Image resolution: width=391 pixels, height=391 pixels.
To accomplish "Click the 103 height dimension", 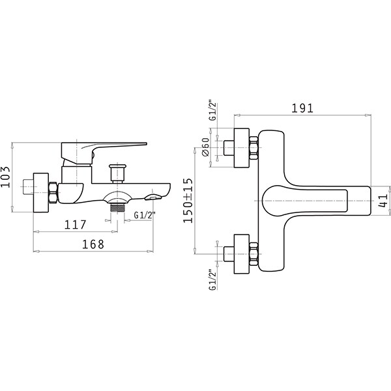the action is coord(5,177).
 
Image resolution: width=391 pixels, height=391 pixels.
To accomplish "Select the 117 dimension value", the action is coord(76,225).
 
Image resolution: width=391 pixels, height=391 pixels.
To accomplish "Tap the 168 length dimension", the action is coord(93,244).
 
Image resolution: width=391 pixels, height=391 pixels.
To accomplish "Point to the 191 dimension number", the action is coord(302,108).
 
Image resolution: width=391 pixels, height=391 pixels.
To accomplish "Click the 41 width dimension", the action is coord(383,200).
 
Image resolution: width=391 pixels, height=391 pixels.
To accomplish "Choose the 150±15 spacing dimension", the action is coord(188,201).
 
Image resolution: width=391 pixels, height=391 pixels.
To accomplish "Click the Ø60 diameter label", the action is coord(206,147).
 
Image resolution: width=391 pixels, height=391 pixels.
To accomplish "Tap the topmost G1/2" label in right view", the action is coord(212,111).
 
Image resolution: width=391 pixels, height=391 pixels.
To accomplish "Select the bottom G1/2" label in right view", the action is coord(212,280).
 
